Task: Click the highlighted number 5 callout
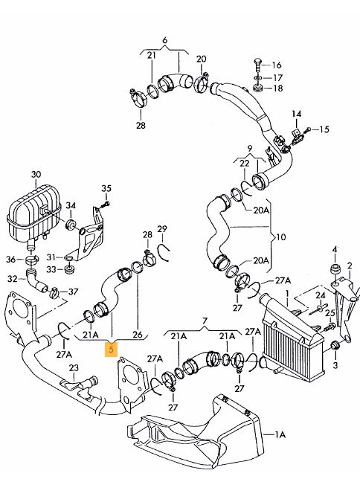coord(111,349)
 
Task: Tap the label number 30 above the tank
coord(36,175)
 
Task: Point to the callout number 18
coord(277,89)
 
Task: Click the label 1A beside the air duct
coord(280,434)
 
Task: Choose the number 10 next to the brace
coord(280,237)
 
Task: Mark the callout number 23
coord(74,367)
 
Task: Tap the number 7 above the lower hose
coord(205,321)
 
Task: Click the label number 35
coord(106,188)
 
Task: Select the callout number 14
coord(296,114)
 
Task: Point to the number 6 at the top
coord(165,40)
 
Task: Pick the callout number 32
coord(12,279)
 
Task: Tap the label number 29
coord(162,229)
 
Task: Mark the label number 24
coord(321,295)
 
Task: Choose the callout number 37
coord(73,292)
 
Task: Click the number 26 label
coord(138,335)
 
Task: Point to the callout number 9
coord(250,149)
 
